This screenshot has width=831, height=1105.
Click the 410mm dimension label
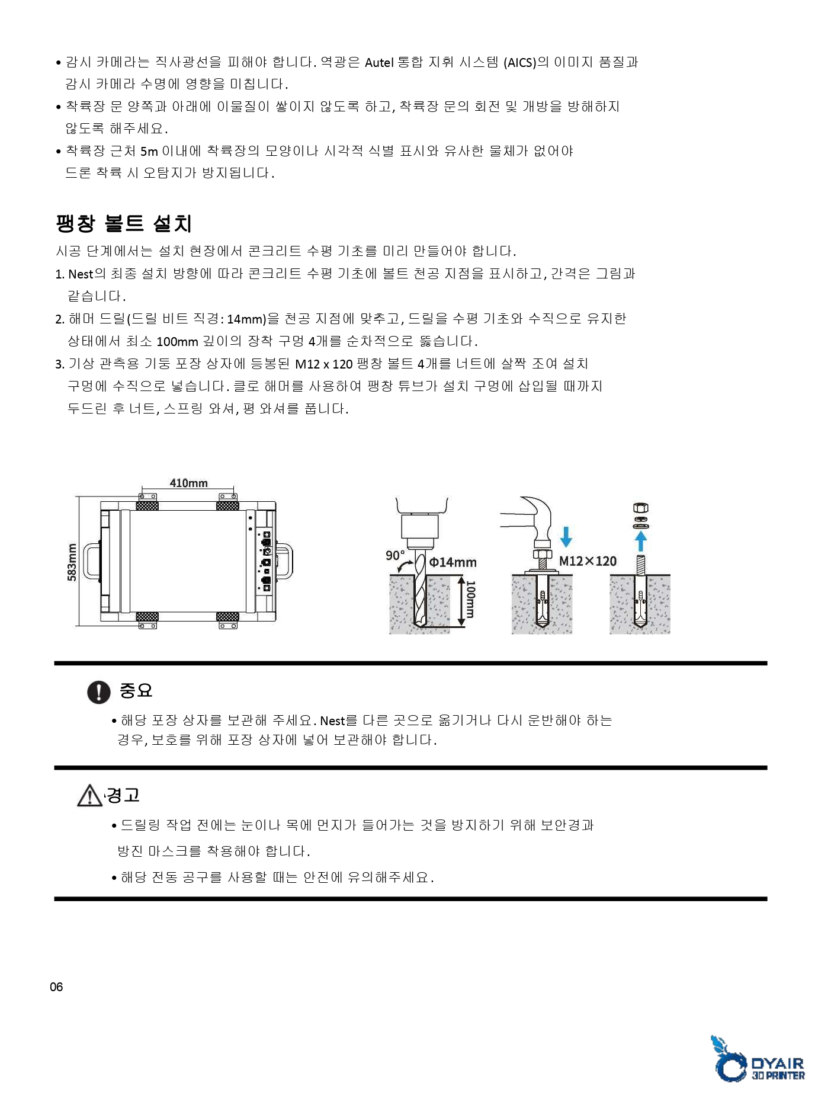(x=188, y=483)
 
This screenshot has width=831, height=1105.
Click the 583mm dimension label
(x=72, y=562)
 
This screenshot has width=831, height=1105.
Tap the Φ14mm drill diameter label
(x=453, y=562)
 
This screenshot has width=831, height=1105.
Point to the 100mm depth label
(x=470, y=600)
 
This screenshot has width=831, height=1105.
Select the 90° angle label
(x=394, y=556)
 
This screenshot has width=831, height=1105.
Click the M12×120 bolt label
(x=588, y=561)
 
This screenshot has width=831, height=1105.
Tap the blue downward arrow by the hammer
(x=566, y=537)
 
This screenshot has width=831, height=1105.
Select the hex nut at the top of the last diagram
(x=641, y=508)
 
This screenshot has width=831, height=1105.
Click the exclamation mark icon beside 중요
(x=98, y=691)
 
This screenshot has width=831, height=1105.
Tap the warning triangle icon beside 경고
(x=89, y=796)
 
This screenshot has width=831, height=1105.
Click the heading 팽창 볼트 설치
(x=124, y=223)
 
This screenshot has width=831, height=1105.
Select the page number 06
(x=56, y=987)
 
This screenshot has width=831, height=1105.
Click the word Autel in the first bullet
(x=379, y=63)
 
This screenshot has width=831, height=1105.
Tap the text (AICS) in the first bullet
(x=519, y=63)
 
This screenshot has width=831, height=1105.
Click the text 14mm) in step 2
(x=246, y=319)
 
